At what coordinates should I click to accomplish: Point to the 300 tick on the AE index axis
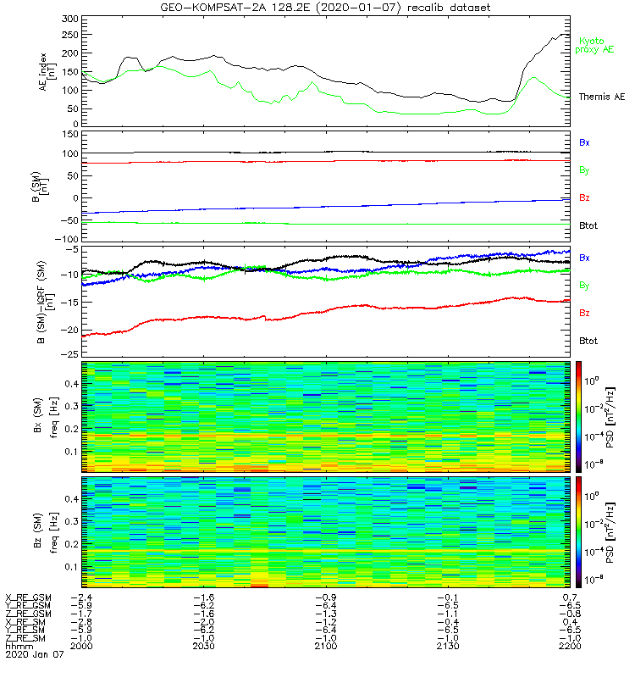[x=69, y=19]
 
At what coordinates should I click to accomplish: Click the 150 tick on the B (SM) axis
[x=69, y=135]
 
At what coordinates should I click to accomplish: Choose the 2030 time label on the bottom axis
[x=203, y=646]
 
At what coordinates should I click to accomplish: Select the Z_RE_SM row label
[x=27, y=638]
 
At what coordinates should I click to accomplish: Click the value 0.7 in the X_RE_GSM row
[x=570, y=598]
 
